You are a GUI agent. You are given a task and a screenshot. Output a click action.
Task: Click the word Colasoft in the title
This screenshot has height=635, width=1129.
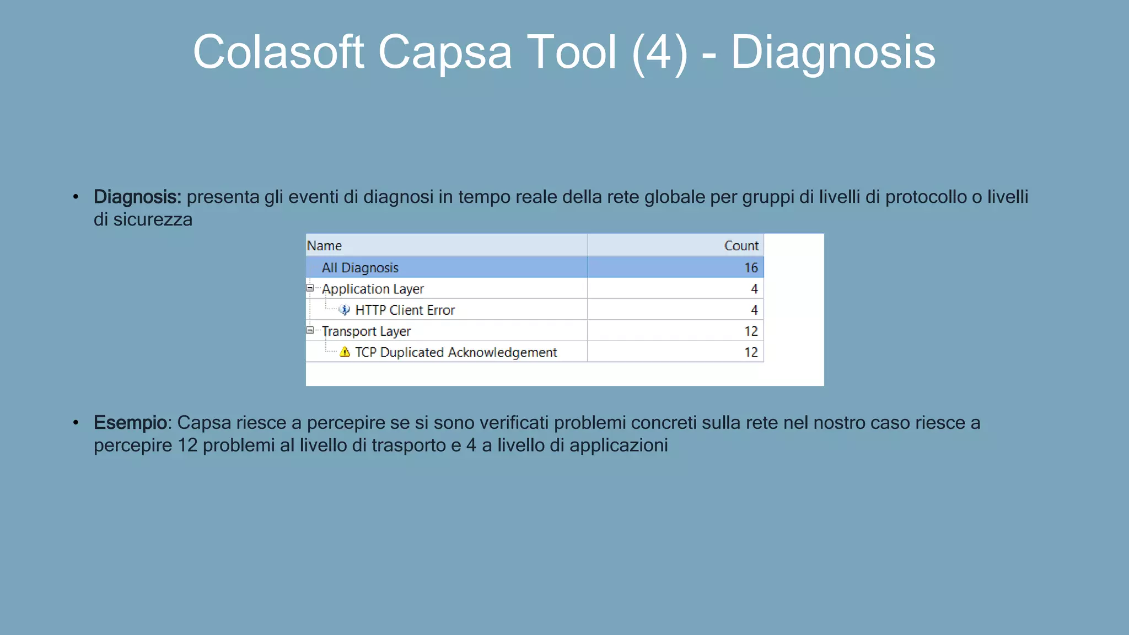tap(278, 52)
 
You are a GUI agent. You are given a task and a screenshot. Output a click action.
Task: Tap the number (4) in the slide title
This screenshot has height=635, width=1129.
tap(660, 53)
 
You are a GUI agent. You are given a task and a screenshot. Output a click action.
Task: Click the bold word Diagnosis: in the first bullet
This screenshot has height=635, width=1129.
tap(137, 197)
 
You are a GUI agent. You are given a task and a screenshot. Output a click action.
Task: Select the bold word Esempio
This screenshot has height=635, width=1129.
tap(130, 423)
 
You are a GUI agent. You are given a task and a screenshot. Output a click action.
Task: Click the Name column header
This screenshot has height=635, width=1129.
tap(324, 246)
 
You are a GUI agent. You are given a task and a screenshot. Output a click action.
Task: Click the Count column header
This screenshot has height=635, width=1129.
tap(741, 246)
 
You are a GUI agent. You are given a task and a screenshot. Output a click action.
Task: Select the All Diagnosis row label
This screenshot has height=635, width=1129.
tap(360, 268)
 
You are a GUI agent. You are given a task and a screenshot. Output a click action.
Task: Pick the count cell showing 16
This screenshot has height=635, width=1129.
tap(751, 268)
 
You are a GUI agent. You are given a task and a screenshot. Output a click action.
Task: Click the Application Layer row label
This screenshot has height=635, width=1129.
tap(373, 289)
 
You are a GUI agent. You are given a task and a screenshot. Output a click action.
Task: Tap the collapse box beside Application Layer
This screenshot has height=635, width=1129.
tap(310, 288)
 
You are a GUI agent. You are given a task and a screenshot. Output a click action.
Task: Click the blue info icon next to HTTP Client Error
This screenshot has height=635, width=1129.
tap(345, 310)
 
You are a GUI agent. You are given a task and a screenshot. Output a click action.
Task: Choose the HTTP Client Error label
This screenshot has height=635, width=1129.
tap(405, 310)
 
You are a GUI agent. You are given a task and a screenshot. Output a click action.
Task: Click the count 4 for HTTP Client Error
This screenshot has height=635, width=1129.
tap(754, 310)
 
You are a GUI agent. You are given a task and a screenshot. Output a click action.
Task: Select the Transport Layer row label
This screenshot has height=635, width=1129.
tap(366, 331)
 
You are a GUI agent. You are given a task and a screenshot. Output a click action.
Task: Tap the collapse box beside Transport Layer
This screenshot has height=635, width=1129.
tap(310, 330)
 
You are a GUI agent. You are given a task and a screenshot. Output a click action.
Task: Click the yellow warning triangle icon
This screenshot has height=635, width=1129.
tap(345, 352)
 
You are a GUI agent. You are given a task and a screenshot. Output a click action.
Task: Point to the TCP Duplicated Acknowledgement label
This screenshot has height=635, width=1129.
tap(456, 353)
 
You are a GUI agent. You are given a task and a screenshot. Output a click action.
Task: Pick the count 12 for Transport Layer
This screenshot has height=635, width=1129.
tap(751, 331)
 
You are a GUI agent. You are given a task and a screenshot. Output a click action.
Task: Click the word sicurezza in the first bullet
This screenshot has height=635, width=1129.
tap(153, 220)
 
